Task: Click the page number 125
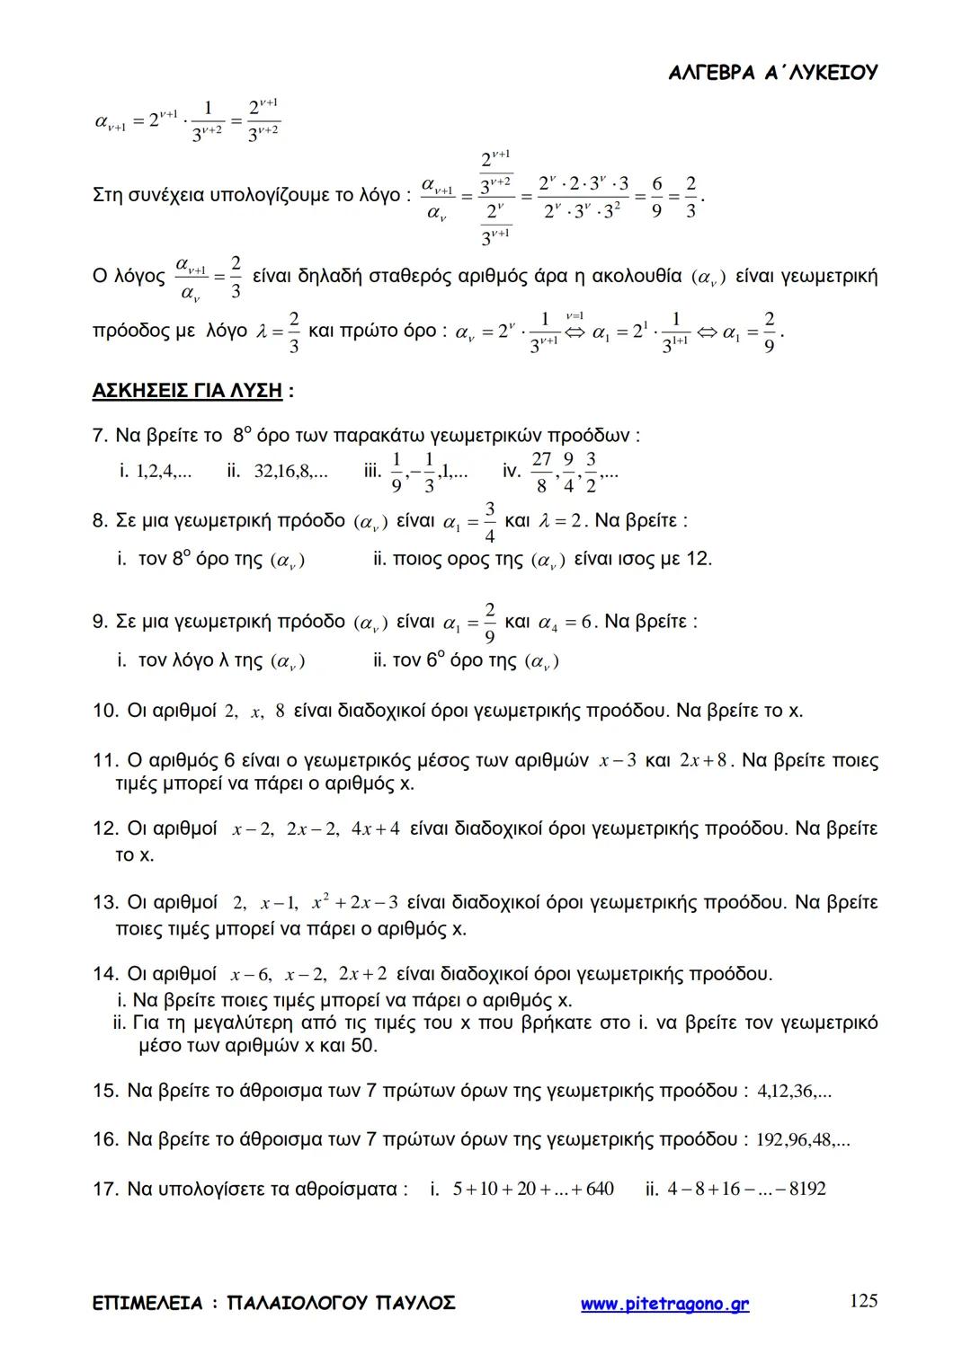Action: (863, 1300)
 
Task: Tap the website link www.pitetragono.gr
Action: (664, 1304)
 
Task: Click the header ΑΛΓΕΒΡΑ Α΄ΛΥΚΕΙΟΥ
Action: (773, 74)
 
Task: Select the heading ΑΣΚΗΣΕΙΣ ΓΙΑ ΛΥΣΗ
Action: (187, 391)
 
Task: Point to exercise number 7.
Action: (100, 437)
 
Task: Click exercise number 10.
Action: (104, 712)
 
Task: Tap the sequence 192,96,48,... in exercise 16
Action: (803, 1140)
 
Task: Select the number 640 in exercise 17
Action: (599, 1190)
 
